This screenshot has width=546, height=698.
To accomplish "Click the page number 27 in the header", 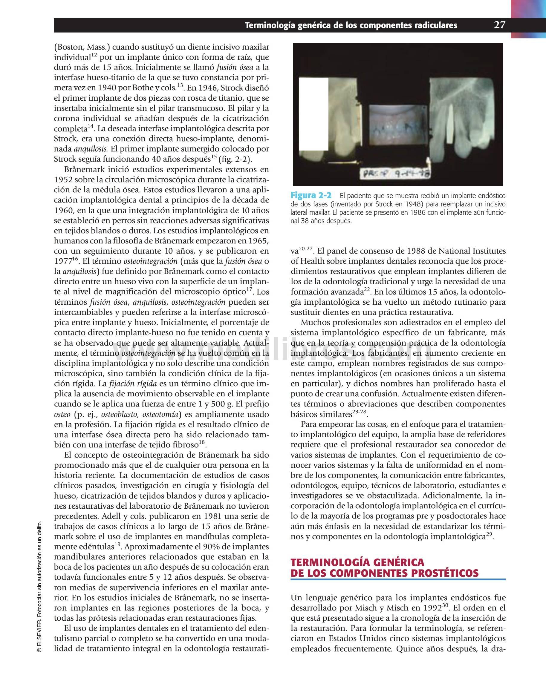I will pyautogui.click(x=499, y=24).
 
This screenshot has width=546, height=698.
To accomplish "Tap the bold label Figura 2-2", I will pyautogui.click(x=311, y=195).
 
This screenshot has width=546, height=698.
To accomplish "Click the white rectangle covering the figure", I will pyautogui.click(x=313, y=114).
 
